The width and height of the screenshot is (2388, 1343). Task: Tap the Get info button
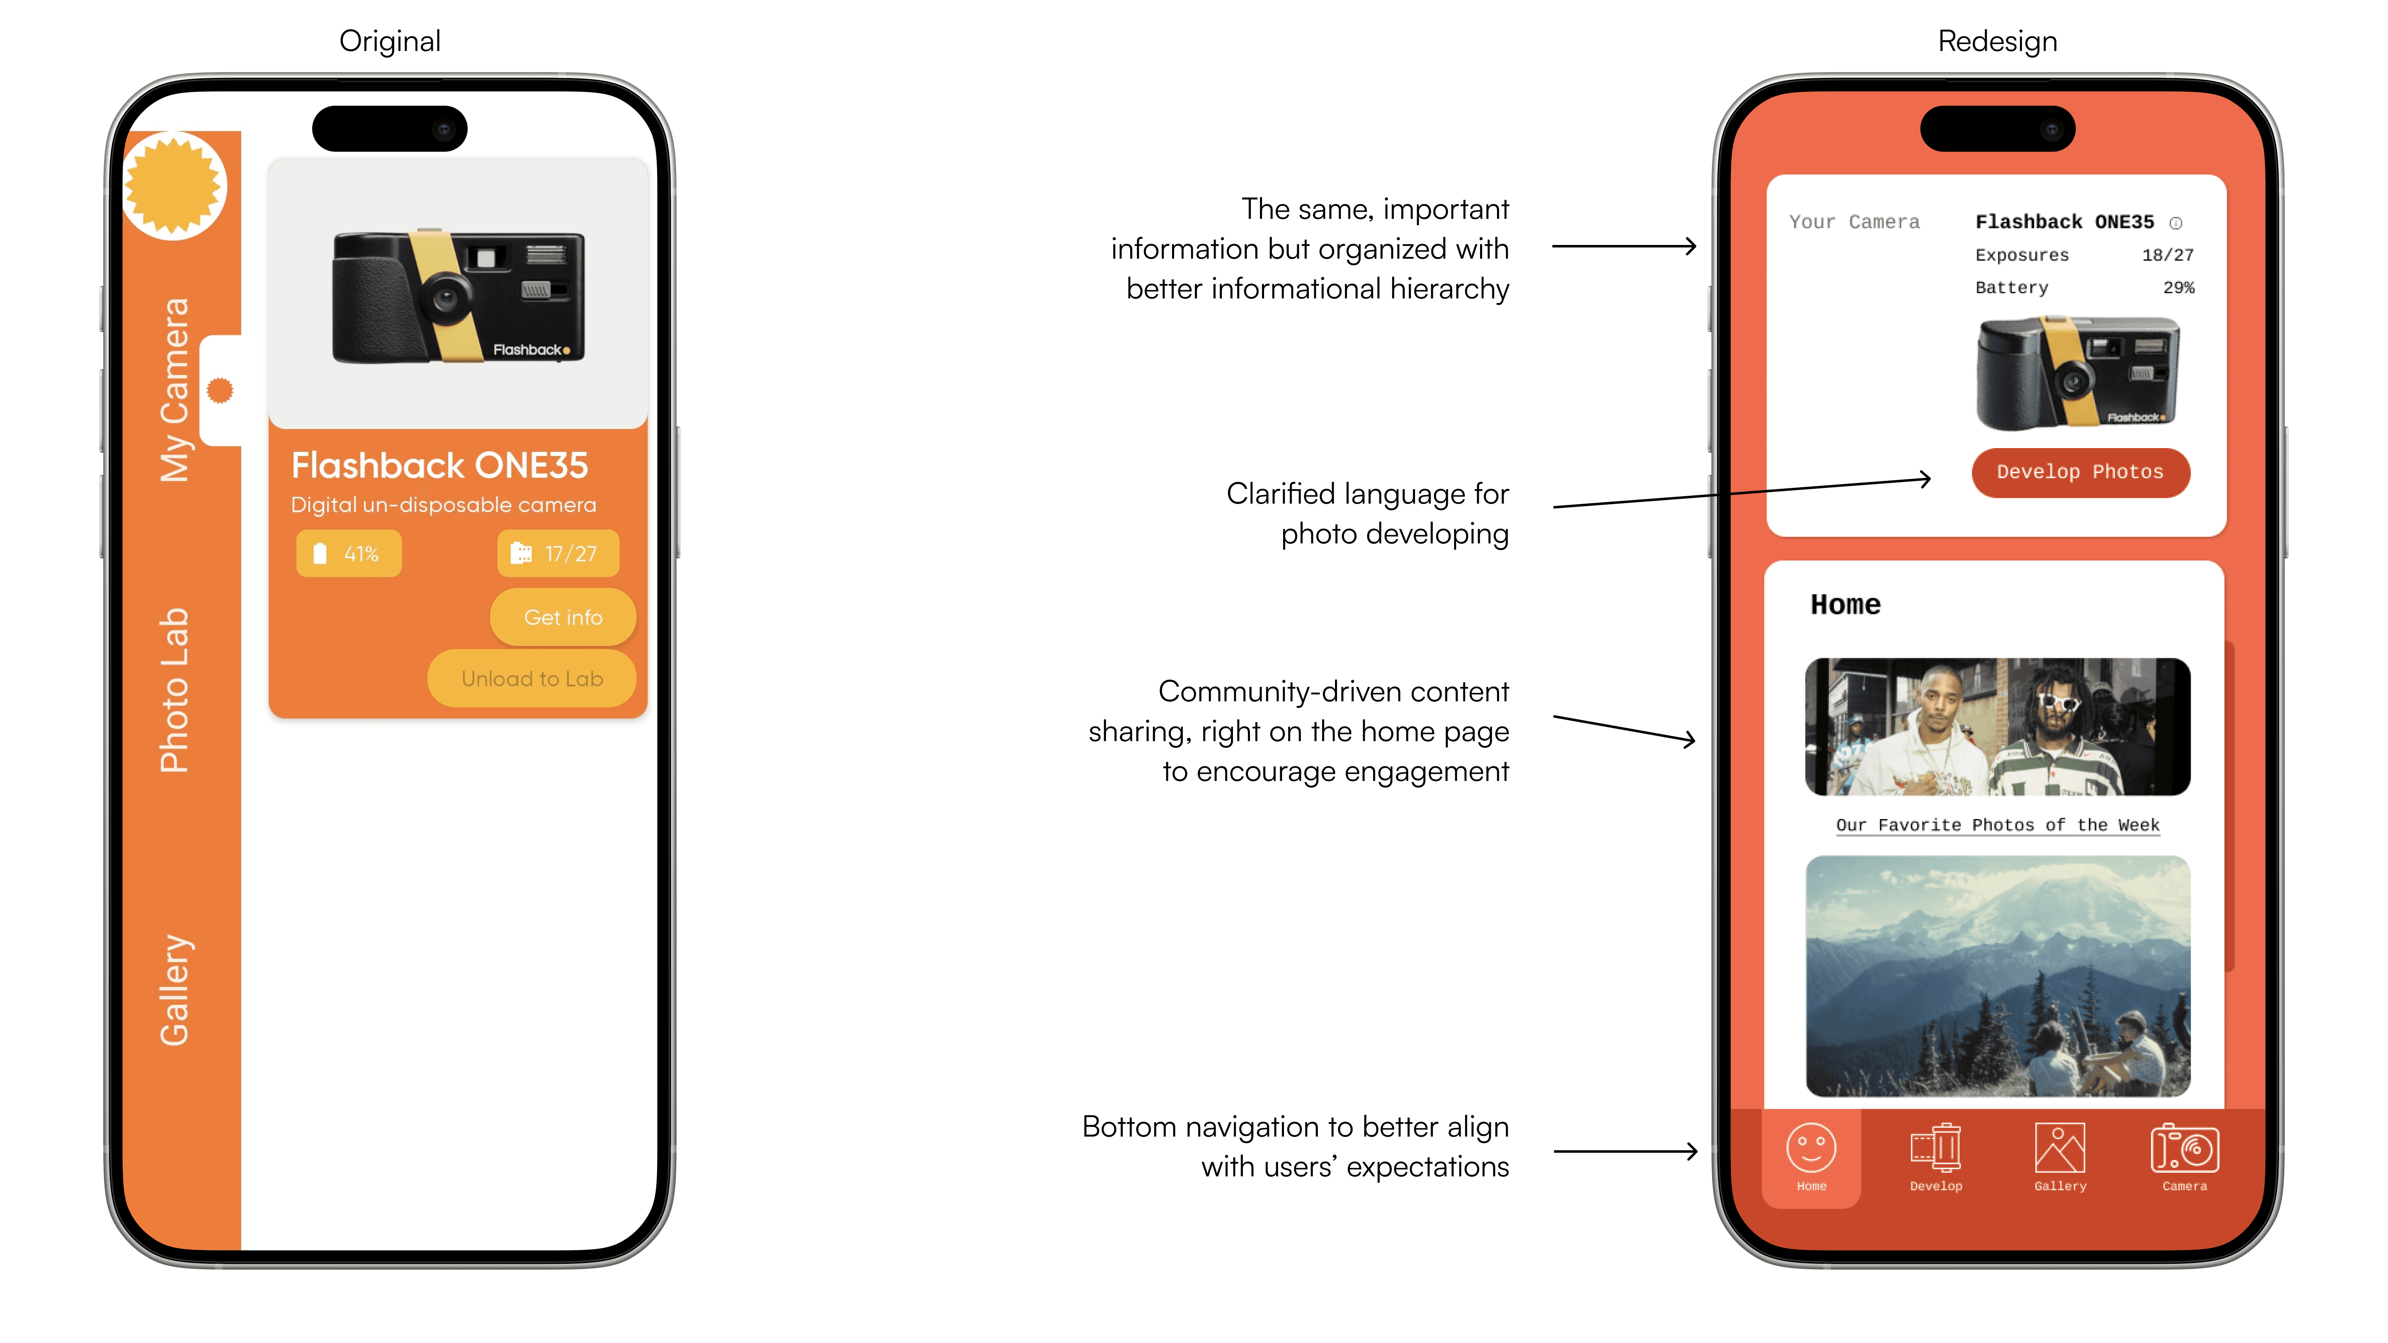(563, 617)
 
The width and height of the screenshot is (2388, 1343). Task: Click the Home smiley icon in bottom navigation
(1810, 1149)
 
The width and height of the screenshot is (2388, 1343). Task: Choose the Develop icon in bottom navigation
(1936, 1149)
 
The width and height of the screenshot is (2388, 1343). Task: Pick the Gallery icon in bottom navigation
(2060, 1149)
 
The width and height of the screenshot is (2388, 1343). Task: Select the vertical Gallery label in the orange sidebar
(174, 990)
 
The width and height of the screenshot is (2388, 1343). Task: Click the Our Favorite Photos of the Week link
(1998, 825)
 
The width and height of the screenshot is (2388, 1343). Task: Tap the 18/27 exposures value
(2167, 255)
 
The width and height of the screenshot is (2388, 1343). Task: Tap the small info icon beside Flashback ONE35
(2176, 223)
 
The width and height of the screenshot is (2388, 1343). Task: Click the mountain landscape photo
(1998, 976)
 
